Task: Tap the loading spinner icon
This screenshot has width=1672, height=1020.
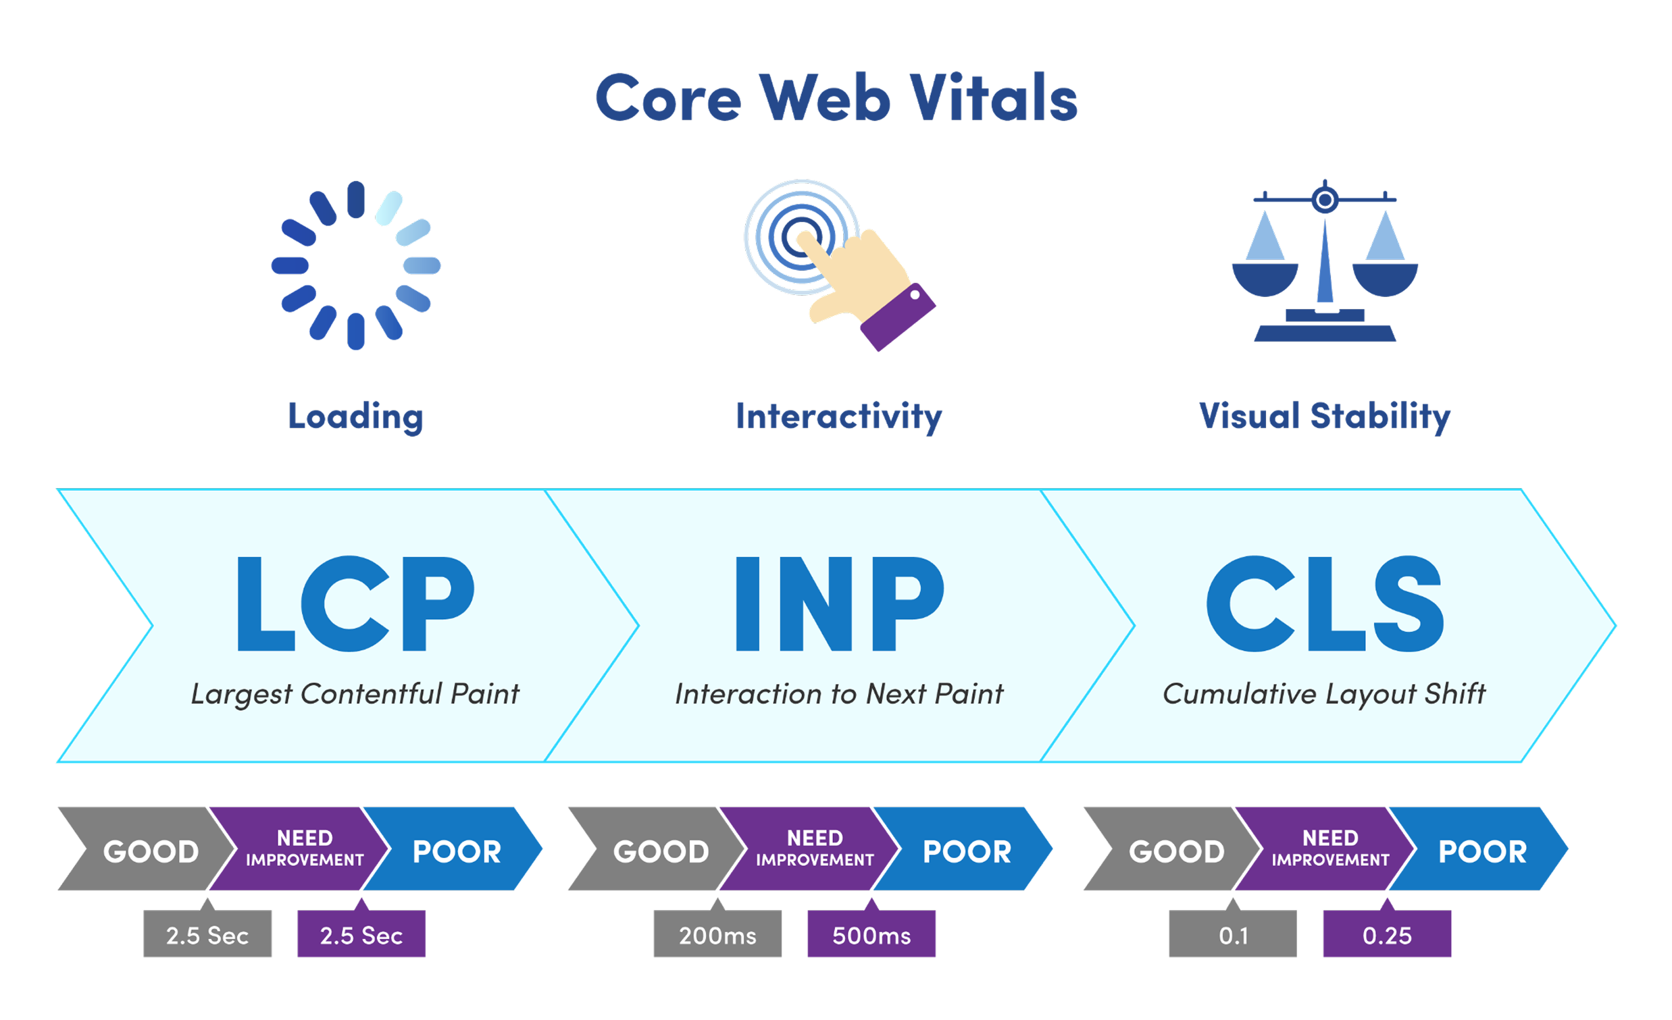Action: [x=355, y=265]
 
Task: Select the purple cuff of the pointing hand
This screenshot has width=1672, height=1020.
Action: [x=897, y=317]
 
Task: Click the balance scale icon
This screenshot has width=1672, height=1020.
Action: [x=1325, y=261]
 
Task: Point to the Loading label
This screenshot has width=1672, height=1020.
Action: [x=355, y=417]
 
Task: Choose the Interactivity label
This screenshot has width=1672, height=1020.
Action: [x=839, y=417]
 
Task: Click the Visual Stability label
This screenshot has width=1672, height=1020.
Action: [x=1325, y=417]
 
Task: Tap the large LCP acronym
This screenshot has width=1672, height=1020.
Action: [x=355, y=603]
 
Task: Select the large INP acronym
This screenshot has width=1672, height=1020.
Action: [x=840, y=603]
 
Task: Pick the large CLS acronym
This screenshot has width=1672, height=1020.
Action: [x=1325, y=603]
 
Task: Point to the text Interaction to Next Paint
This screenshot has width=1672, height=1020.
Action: [x=839, y=694]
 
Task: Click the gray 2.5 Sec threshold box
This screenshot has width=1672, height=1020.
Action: [x=207, y=934]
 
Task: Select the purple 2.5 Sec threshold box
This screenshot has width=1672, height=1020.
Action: [x=361, y=934]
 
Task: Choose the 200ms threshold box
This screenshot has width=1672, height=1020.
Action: [x=718, y=934]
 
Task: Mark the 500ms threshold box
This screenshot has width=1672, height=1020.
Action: [x=872, y=934]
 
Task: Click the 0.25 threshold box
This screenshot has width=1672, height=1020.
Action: [x=1388, y=934]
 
